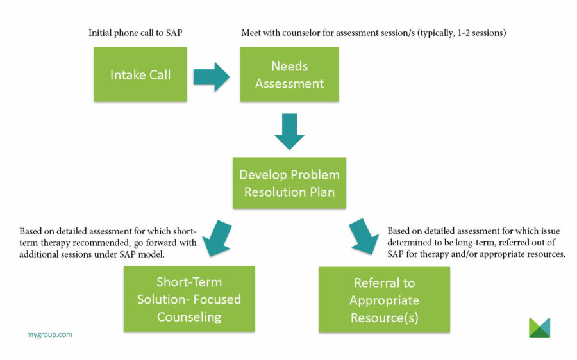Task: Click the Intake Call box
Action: [x=140, y=74]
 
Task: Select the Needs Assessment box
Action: [x=289, y=74]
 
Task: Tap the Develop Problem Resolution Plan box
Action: [x=289, y=183]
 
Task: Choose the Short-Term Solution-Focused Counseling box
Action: [x=189, y=299]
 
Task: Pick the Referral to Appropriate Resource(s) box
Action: [x=384, y=300]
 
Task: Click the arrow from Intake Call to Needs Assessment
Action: [x=211, y=78]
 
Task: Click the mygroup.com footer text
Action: [x=49, y=334]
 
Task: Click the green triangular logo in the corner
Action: [x=539, y=327]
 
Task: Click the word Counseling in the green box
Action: [x=189, y=317]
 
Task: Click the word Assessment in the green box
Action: [x=289, y=83]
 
